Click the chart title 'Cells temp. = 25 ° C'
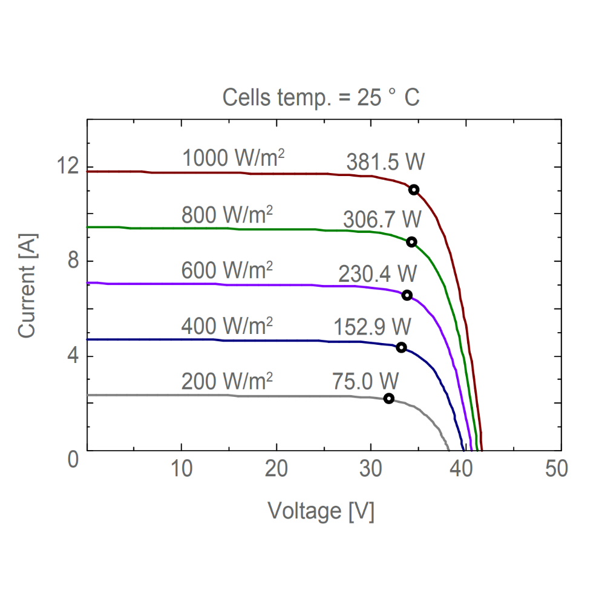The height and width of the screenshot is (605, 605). (x=321, y=97)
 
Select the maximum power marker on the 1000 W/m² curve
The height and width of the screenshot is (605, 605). (x=414, y=189)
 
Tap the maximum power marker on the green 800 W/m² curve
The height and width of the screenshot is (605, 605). (x=411, y=242)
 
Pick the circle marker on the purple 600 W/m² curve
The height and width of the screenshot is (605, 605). (x=407, y=295)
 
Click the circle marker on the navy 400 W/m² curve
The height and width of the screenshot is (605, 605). (x=401, y=347)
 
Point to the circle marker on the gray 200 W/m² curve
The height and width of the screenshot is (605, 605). (x=389, y=398)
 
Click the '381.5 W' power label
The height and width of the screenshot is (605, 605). (x=385, y=163)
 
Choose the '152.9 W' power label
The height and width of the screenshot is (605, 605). (x=372, y=327)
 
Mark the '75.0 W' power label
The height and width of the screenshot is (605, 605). (x=365, y=381)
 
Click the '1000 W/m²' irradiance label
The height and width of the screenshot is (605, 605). (x=234, y=159)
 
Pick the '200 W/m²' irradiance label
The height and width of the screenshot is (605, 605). (x=227, y=381)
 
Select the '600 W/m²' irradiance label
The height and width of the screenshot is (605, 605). (x=227, y=271)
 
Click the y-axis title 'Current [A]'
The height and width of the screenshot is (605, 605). (x=27, y=286)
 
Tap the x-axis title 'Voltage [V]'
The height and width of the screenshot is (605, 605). (x=321, y=511)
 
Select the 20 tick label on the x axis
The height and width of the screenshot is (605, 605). (x=276, y=469)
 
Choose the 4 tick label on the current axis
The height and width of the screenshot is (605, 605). (x=72, y=356)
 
